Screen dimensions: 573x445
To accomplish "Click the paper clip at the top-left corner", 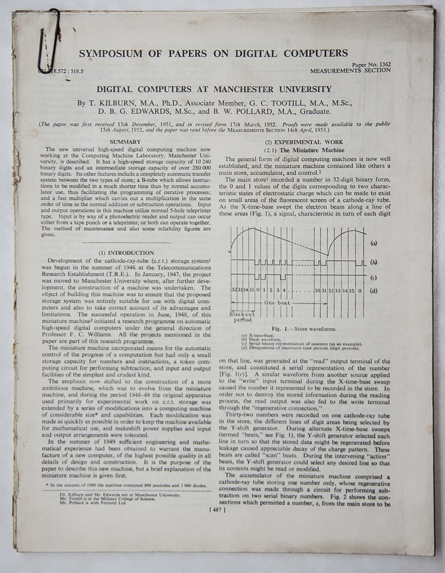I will pos(48,39).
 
